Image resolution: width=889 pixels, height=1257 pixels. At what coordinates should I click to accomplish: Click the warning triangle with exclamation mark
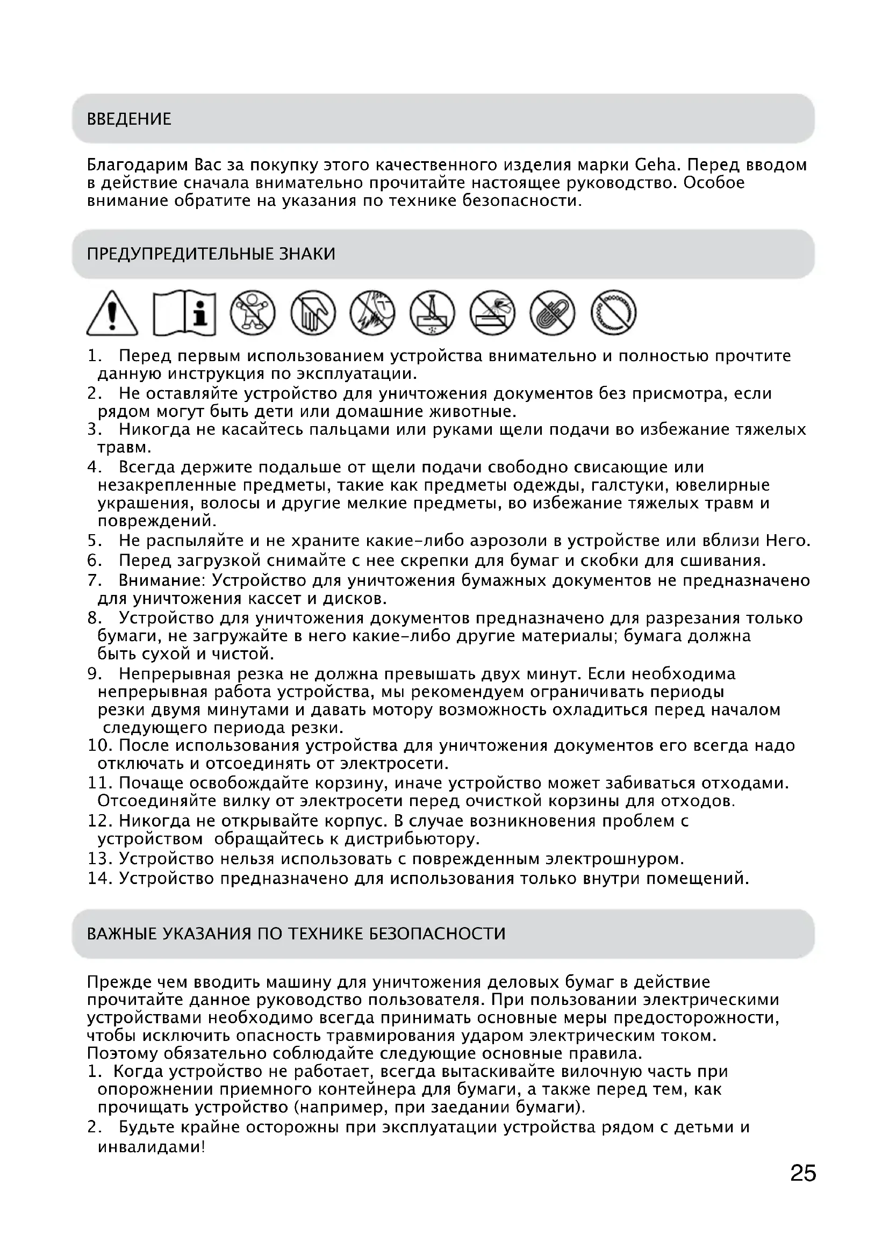point(112,314)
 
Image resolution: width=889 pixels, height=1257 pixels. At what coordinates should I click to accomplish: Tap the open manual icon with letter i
point(184,313)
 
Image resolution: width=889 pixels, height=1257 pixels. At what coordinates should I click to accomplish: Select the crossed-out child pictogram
point(253,313)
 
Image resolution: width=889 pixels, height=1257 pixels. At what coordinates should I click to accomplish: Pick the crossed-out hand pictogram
point(313,313)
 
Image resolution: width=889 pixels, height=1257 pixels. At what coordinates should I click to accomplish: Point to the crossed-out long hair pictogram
point(372,313)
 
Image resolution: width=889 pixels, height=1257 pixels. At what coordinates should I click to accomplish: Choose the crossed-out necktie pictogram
point(433,313)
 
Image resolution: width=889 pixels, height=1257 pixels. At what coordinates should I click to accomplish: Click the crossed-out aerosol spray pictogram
point(492,313)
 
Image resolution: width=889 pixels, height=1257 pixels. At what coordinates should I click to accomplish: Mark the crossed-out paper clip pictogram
point(553,313)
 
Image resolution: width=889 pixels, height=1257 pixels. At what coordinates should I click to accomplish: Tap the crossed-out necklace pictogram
point(613,313)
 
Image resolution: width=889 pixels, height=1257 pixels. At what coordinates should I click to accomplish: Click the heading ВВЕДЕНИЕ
point(129,119)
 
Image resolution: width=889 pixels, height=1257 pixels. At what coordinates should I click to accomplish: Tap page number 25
point(803,1173)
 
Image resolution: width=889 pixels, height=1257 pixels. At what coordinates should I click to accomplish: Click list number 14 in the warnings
point(99,879)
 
